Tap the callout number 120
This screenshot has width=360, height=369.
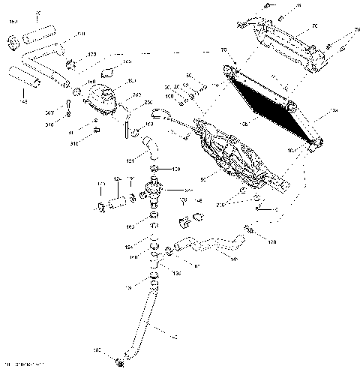[177, 169]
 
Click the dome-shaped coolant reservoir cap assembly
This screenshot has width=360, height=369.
[102, 97]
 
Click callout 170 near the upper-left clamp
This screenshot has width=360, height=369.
[91, 54]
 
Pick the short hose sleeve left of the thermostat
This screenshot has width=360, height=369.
[117, 202]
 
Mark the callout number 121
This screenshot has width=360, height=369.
[130, 160]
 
